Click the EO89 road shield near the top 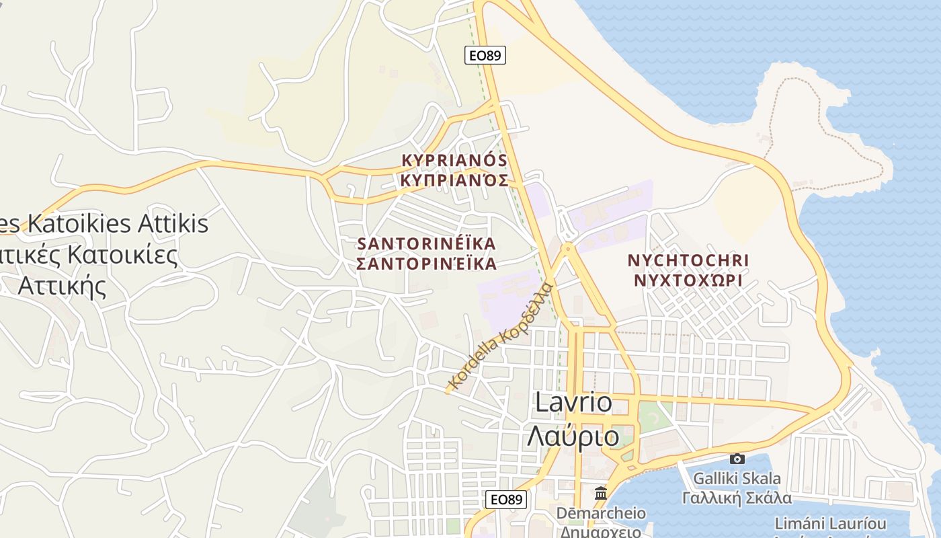click(x=485, y=55)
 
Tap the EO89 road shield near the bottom click(x=506, y=499)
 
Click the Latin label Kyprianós click(x=454, y=160)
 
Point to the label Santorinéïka click(x=427, y=243)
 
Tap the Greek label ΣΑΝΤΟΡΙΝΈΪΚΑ click(x=427, y=264)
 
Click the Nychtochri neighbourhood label click(x=688, y=260)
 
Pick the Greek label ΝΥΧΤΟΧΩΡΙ click(x=688, y=280)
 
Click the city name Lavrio click(x=573, y=402)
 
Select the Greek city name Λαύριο click(x=573, y=436)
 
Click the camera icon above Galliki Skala click(x=737, y=459)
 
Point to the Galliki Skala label click(x=737, y=479)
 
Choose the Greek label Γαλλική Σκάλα click(x=737, y=498)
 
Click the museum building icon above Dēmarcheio click(x=601, y=493)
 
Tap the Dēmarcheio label click(x=601, y=513)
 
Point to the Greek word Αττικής click(x=62, y=286)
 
